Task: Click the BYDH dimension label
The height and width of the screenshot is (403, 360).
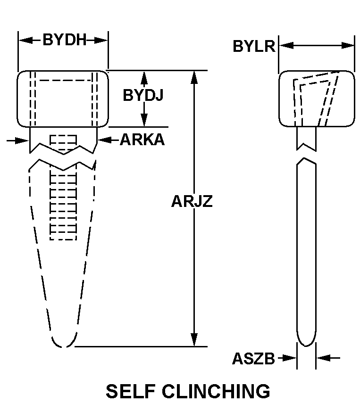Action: (x=65, y=40)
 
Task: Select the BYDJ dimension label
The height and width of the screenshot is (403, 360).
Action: (x=143, y=95)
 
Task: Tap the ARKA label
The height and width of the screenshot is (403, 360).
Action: (x=142, y=140)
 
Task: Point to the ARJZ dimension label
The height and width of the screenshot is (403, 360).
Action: (x=192, y=201)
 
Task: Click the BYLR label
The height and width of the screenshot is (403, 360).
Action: (x=254, y=46)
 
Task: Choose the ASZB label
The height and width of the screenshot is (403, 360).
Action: (x=253, y=358)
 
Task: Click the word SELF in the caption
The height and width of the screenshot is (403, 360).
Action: (x=131, y=391)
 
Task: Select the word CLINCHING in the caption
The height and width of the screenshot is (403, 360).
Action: (x=216, y=391)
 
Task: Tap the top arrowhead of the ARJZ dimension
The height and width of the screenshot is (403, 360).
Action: (x=194, y=77)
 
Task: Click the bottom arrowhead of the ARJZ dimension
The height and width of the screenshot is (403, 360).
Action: (x=194, y=340)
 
